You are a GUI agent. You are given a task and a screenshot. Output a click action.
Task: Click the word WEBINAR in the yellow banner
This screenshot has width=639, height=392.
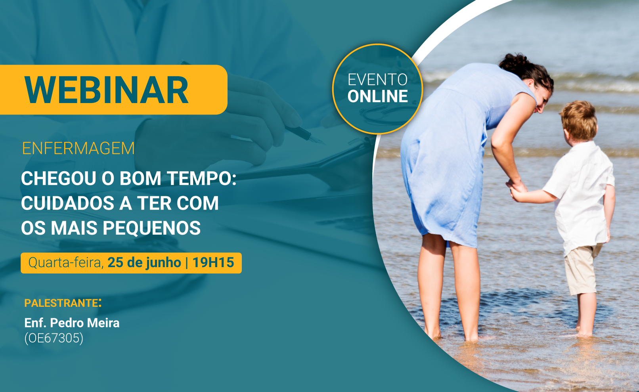(106, 90)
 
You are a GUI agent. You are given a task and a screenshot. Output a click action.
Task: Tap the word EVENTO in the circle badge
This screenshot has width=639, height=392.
(377, 80)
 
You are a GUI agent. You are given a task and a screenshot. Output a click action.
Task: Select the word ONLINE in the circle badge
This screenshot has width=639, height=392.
(377, 96)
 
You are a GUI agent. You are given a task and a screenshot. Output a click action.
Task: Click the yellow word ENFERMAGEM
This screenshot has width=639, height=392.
(78, 148)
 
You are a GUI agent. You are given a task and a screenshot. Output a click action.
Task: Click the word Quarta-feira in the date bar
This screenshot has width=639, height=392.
(66, 262)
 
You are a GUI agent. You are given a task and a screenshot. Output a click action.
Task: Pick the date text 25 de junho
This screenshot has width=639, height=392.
(144, 262)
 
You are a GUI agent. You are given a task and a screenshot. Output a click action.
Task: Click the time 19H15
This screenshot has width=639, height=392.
(213, 262)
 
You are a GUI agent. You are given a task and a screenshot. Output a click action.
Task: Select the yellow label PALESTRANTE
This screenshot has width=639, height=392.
(61, 303)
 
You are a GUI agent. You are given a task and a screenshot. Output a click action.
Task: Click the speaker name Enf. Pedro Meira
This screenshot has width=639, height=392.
(72, 323)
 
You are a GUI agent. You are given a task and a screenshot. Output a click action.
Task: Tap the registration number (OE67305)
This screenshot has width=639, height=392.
(54, 338)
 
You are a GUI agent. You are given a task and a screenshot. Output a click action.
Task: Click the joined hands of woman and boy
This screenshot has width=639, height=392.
(517, 189)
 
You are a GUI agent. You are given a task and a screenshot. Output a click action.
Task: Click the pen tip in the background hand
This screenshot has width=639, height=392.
(320, 141)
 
